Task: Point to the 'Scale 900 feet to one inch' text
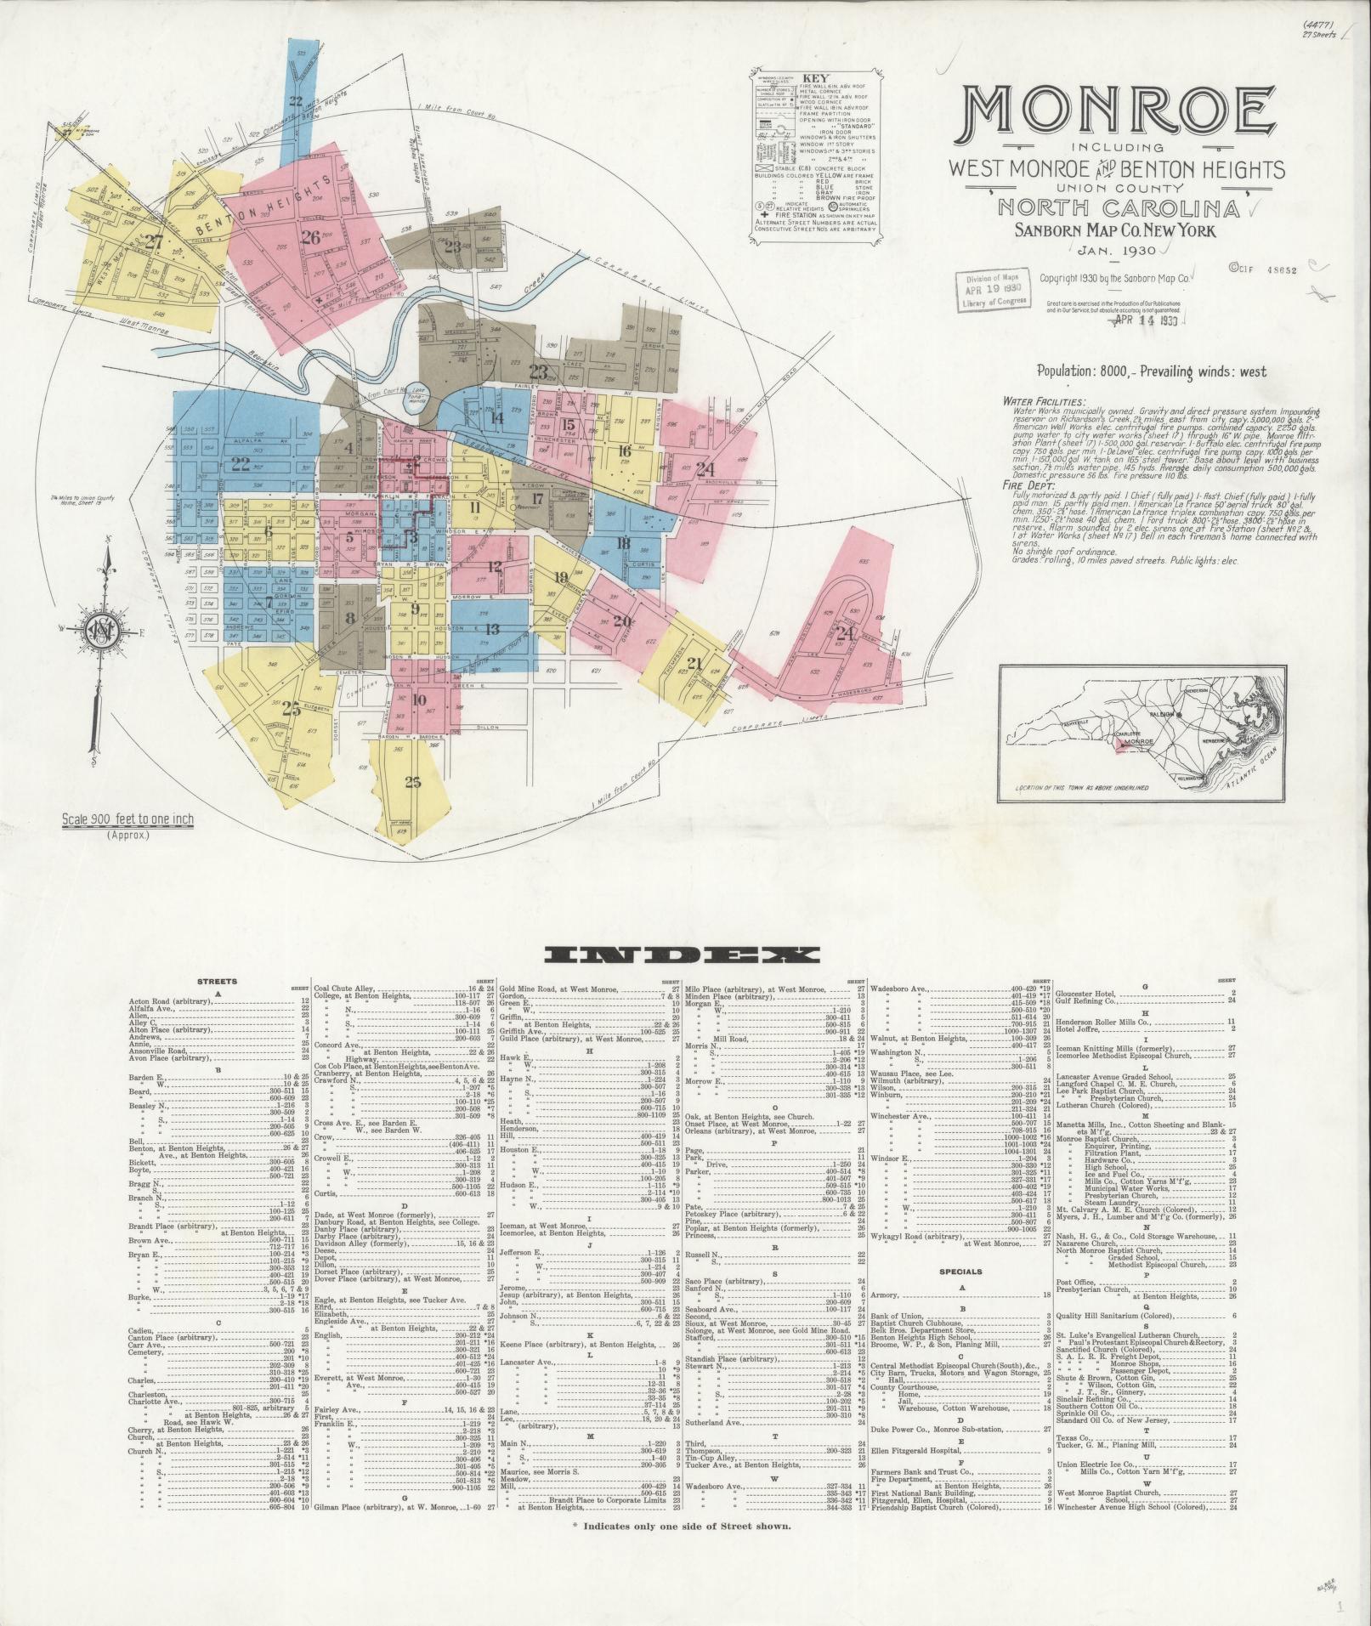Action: point(127,820)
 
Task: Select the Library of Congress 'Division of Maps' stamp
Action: point(990,291)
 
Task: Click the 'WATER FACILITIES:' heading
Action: point(1043,400)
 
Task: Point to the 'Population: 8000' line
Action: point(1151,371)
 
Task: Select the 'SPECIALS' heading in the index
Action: point(961,1272)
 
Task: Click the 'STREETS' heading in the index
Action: point(218,981)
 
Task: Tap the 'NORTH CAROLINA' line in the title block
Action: point(1116,207)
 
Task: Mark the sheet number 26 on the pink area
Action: point(311,237)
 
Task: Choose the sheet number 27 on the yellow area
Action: point(154,241)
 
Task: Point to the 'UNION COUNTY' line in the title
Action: point(1117,187)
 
